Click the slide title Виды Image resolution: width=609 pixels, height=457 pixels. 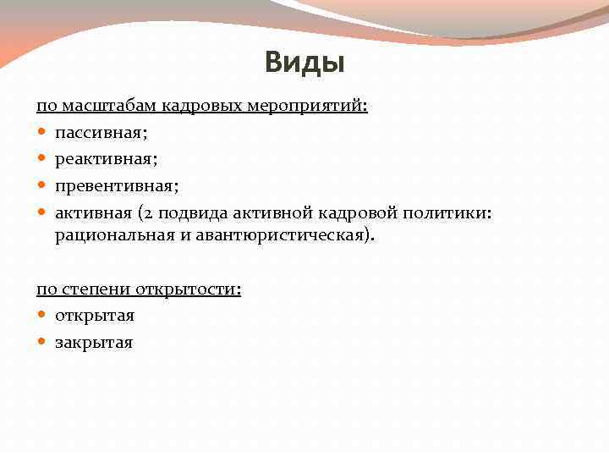click(x=304, y=62)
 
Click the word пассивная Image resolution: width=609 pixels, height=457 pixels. click(x=96, y=134)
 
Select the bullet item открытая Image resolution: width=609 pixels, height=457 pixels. click(x=95, y=316)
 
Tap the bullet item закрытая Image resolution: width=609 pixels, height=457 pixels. click(x=94, y=342)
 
